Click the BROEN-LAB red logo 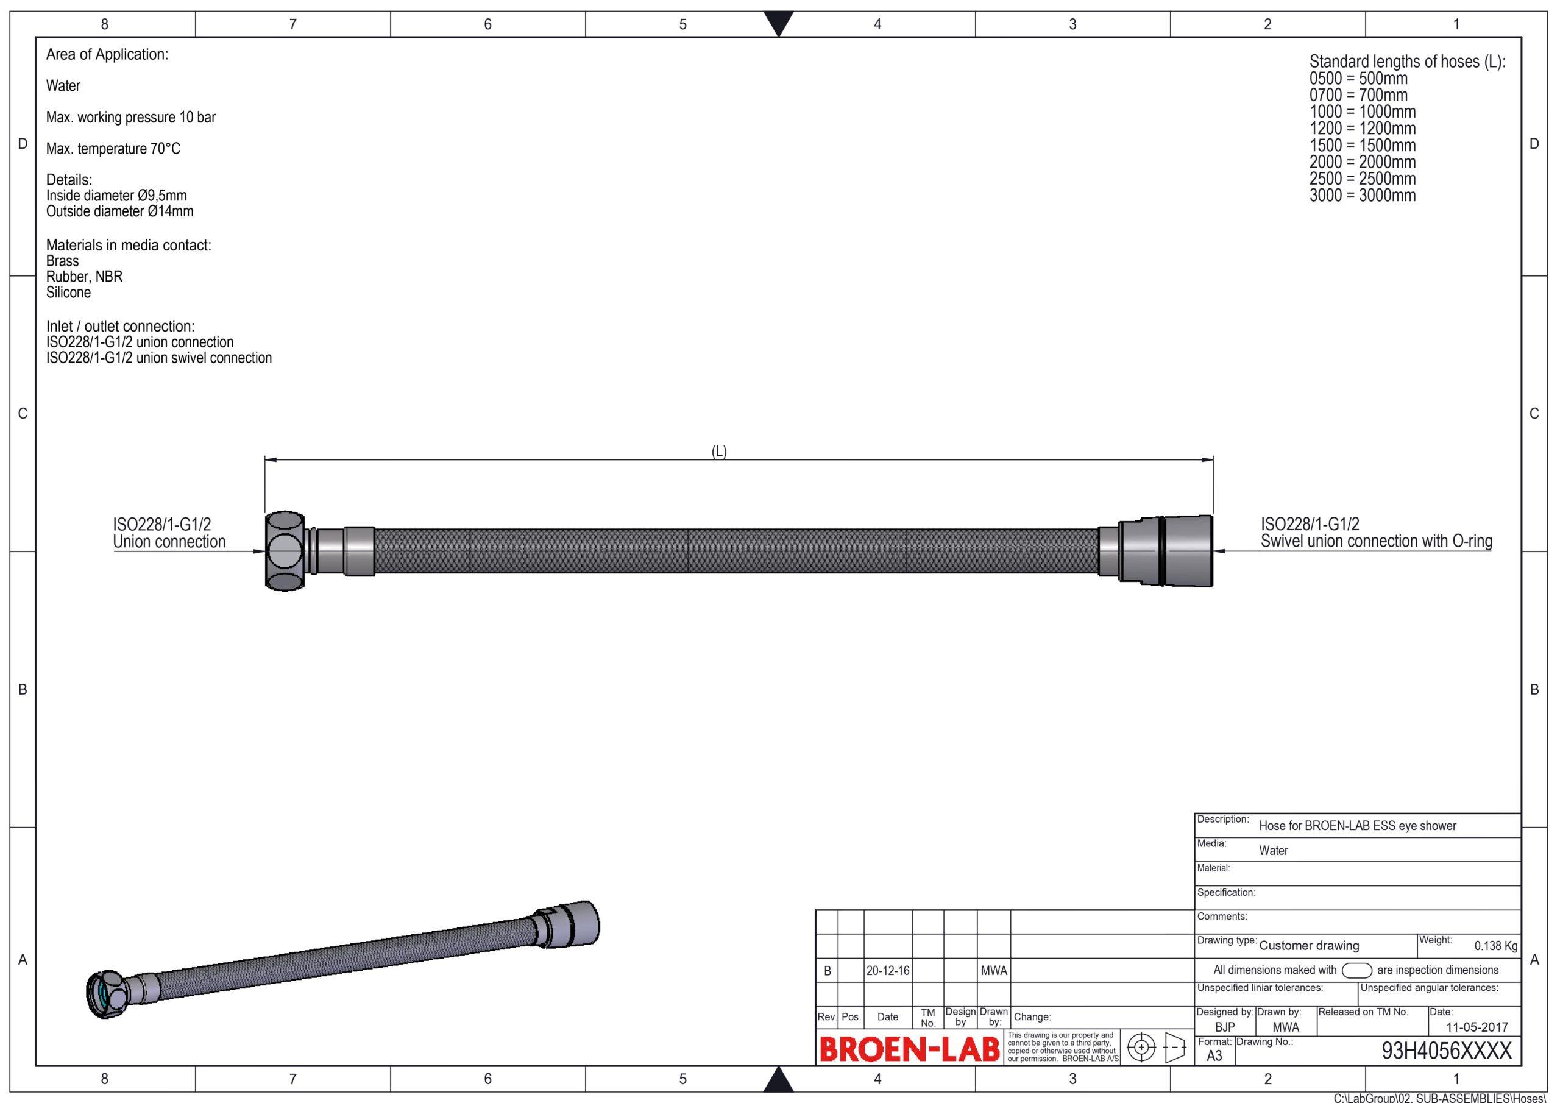pos(910,1049)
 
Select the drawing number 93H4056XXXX pos(1447,1051)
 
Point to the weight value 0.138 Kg pos(1495,946)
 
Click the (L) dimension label pos(719,452)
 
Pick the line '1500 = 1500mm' pos(1363,146)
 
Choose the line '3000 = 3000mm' pos(1363,196)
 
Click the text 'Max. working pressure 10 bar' pos(131,117)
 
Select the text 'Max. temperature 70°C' pos(113,148)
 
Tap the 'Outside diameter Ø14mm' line pos(119,211)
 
